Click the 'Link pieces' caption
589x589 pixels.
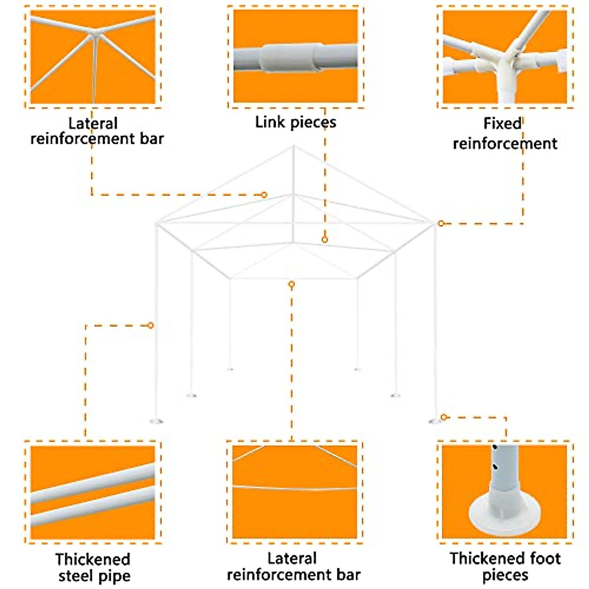(x=295, y=122)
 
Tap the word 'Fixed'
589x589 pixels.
(x=502, y=123)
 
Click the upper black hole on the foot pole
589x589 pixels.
(x=495, y=448)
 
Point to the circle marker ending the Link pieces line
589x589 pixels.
(x=324, y=240)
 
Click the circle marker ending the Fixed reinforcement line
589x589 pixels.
(x=441, y=223)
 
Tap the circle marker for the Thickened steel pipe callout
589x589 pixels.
(x=151, y=325)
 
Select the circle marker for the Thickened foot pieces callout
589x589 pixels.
(x=444, y=417)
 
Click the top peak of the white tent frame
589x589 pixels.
(x=294, y=146)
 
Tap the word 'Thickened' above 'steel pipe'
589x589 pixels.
(x=92, y=559)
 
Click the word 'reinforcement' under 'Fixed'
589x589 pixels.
(x=505, y=144)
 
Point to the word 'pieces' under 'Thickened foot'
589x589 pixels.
(x=505, y=575)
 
